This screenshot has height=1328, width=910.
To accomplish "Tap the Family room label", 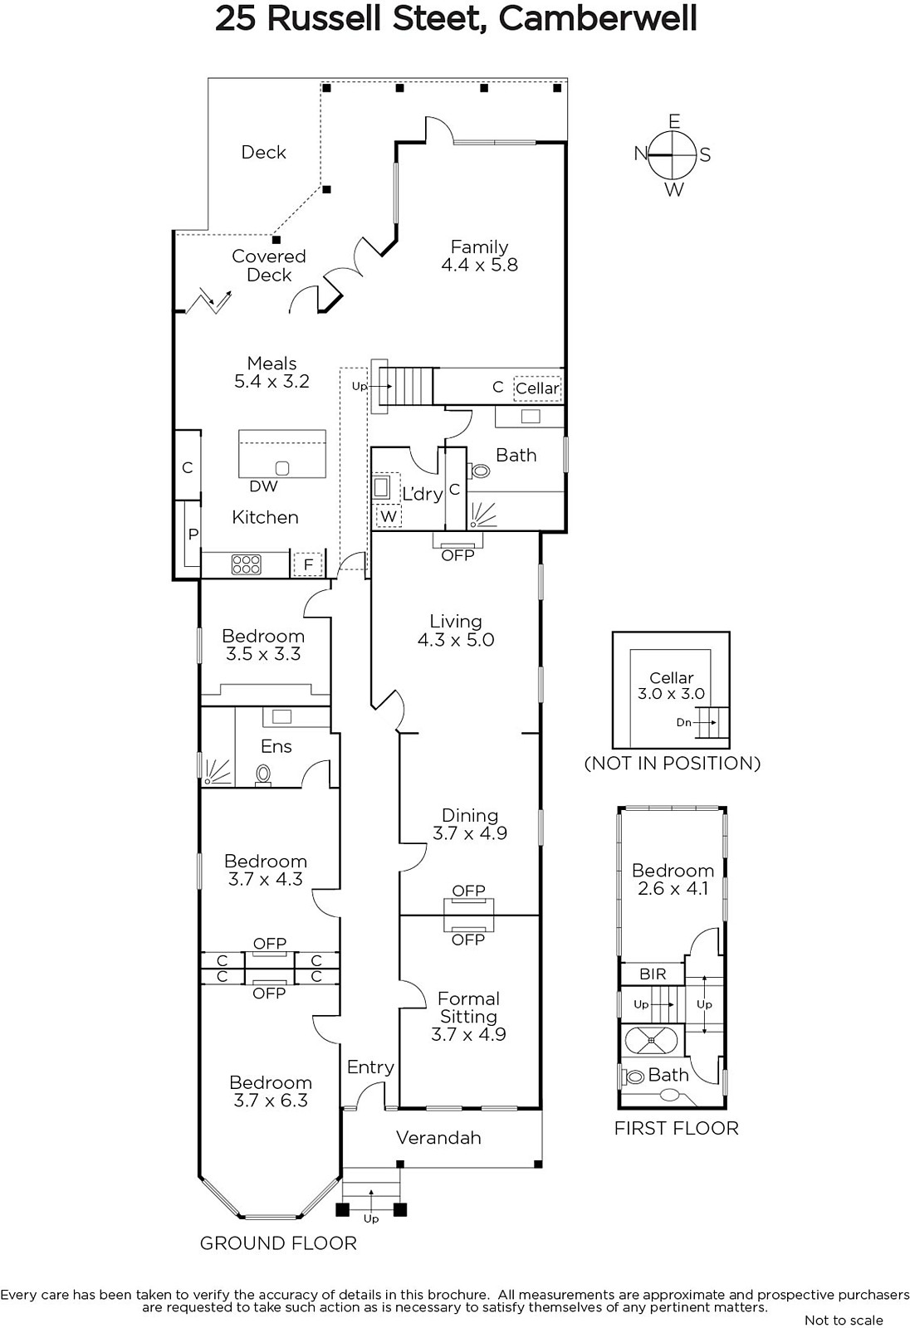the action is (x=479, y=256).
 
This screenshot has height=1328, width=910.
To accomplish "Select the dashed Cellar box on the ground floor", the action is (x=537, y=388).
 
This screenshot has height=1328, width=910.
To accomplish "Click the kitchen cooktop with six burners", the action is (x=246, y=564).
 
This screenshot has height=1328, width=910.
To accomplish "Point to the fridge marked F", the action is (x=308, y=564).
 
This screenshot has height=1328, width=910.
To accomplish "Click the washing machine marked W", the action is (x=389, y=515).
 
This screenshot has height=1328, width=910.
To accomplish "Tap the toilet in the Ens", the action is (x=263, y=775).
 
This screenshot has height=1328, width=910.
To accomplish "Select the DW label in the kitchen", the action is (x=263, y=486).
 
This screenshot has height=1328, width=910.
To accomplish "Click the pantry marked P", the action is (x=193, y=535).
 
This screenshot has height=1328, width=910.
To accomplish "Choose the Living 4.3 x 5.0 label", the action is (x=456, y=630).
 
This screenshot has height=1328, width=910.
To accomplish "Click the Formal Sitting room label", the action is (x=468, y=1016).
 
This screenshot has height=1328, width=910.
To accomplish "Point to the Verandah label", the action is (x=438, y=1138).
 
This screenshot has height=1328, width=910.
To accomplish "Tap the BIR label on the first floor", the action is (x=653, y=974).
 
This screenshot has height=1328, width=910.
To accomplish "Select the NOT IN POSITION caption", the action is (x=673, y=763).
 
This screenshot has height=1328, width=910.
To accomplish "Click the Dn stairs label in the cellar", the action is (x=683, y=723).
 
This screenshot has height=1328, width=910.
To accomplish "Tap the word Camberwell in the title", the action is (x=597, y=18).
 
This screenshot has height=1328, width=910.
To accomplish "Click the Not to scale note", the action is (x=844, y=1321).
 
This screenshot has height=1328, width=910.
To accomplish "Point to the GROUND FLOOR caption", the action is (x=278, y=1243).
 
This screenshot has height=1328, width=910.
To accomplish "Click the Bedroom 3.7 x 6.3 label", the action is (x=271, y=1091).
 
